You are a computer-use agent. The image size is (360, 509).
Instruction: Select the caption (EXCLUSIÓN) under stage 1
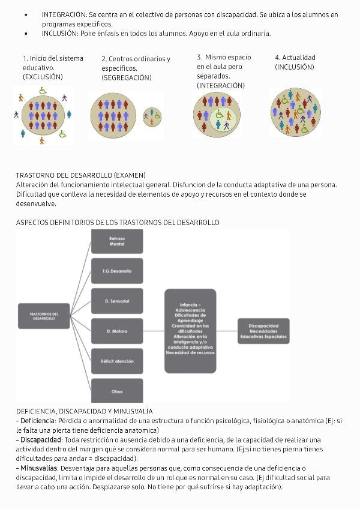coord(43,77)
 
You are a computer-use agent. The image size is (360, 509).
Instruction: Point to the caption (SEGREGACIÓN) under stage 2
coord(126,77)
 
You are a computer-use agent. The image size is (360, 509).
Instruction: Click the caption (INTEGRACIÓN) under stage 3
coord(220,86)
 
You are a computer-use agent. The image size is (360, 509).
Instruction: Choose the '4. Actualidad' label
coord(295,58)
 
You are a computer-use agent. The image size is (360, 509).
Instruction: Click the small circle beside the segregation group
coord(153,115)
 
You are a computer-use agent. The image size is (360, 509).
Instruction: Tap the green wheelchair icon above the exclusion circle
coord(43,91)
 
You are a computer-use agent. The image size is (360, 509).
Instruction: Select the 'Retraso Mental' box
coord(117,241)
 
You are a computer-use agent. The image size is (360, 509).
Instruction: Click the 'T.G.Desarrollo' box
coord(117,271)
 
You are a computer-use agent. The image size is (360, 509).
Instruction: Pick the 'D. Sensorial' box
coord(117,301)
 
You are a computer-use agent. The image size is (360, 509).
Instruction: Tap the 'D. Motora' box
coord(117,331)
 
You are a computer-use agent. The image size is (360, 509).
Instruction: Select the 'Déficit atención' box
coord(117,361)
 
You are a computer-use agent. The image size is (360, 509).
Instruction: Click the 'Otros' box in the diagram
coord(117,391)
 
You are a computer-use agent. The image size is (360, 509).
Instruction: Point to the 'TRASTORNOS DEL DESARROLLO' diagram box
coord(44,316)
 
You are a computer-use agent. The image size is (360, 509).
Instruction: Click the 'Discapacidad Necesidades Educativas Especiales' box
coord(263,331)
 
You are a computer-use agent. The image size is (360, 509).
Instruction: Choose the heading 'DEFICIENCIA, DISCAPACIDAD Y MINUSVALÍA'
coord(84,411)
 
